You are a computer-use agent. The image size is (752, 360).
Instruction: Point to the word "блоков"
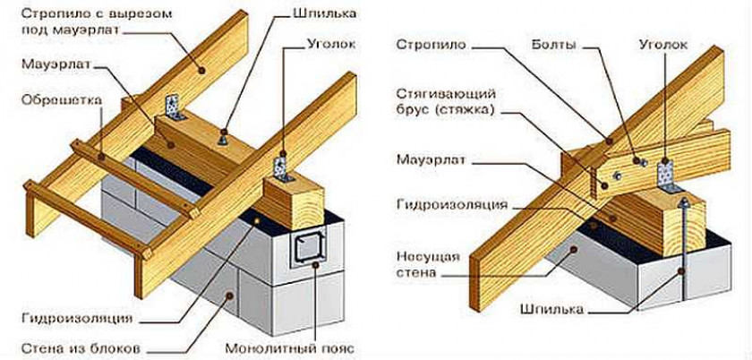point(119,346)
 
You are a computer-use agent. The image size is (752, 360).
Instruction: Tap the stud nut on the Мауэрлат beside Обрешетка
point(222,140)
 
